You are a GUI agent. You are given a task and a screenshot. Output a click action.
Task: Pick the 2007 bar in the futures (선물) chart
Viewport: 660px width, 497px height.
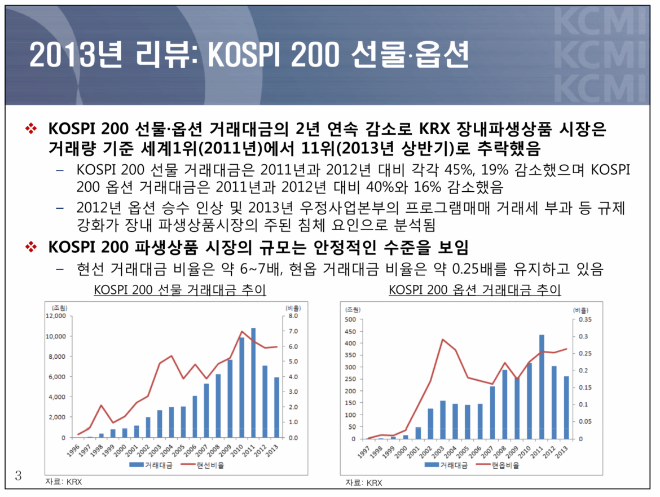pos(206,410)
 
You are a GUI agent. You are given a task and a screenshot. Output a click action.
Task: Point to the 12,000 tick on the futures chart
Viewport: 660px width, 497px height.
pos(55,316)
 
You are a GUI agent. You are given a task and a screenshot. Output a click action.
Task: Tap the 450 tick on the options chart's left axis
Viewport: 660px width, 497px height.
pos(350,332)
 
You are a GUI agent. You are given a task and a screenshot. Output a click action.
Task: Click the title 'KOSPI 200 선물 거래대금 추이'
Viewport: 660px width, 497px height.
pos(180,291)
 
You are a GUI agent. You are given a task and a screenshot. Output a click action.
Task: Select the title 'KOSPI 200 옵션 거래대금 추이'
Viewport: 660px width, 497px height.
pos(475,291)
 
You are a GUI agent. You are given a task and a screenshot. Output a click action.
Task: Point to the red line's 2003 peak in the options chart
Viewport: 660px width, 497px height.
pos(443,340)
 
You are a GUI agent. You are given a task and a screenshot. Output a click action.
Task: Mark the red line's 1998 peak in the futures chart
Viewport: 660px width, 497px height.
pos(101,405)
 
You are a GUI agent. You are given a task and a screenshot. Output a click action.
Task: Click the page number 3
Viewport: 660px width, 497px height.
pos(18,476)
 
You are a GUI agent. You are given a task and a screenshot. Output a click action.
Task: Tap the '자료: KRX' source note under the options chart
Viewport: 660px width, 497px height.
pos(364,483)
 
